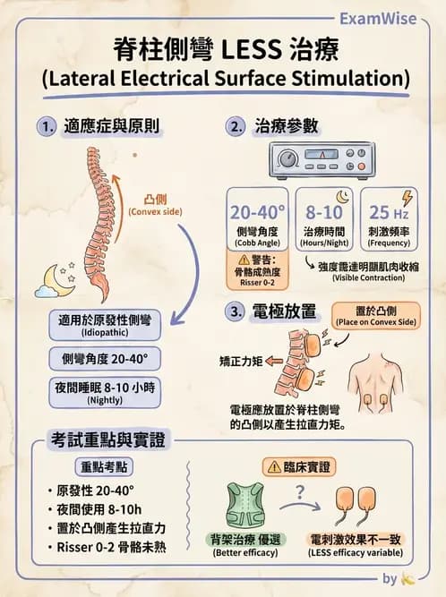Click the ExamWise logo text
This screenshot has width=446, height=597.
point(378,18)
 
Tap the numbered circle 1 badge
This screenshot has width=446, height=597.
point(47,126)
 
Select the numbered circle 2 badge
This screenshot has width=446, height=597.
point(235,126)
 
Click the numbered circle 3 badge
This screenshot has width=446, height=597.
point(235,311)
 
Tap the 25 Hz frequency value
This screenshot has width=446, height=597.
point(389,212)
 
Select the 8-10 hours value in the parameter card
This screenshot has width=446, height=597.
point(324,212)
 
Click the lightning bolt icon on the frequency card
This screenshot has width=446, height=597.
point(407,198)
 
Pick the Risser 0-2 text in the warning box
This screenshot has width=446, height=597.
point(257,283)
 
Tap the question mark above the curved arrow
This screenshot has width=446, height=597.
point(300,492)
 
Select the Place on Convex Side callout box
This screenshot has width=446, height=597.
point(376,316)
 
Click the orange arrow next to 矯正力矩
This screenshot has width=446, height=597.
point(274,361)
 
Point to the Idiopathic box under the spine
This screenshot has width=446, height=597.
point(105,325)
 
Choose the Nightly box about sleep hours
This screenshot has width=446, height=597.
point(105,393)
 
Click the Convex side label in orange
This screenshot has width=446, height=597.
point(156,205)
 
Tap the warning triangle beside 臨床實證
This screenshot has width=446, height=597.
point(274,467)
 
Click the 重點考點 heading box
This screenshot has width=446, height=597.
point(104,467)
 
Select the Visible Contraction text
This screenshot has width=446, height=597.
point(369,277)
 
